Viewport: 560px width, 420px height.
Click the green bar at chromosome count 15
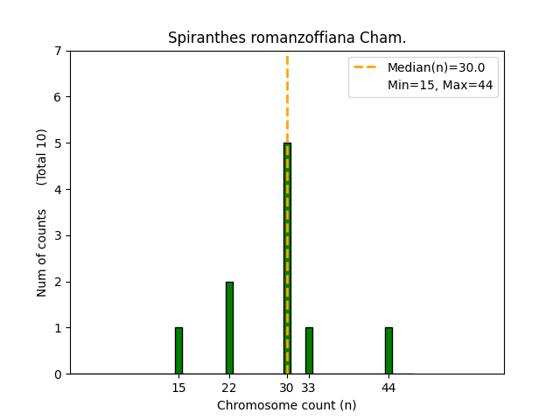click(x=178, y=351)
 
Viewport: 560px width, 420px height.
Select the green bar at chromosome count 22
click(x=229, y=328)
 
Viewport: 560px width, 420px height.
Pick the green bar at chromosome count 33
click(x=309, y=351)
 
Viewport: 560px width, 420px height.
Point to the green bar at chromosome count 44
click(x=388, y=351)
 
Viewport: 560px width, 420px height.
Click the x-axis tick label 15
click(x=178, y=388)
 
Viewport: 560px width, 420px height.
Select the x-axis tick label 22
click(x=229, y=388)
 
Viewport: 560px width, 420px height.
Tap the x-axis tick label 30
click(x=287, y=388)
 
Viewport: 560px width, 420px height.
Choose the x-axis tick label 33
click(x=309, y=388)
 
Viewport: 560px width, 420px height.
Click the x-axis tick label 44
click(x=388, y=388)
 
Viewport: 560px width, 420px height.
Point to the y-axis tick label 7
click(x=58, y=51)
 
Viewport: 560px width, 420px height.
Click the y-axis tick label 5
click(x=58, y=143)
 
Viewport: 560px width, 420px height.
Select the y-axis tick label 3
click(x=58, y=235)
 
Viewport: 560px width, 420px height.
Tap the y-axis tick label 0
click(x=58, y=374)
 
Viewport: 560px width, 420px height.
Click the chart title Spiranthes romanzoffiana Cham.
click(x=287, y=38)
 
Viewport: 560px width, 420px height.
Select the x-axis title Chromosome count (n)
click(x=287, y=405)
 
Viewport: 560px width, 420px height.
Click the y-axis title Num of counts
click(x=42, y=252)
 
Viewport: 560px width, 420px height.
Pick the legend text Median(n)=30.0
click(x=430, y=67)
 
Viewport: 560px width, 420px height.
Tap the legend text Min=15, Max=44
click(x=430, y=84)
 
